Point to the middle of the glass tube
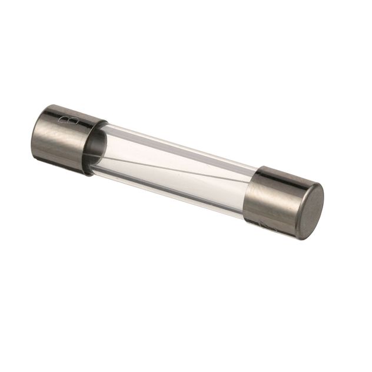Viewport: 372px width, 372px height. pyautogui.click(x=174, y=170)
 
